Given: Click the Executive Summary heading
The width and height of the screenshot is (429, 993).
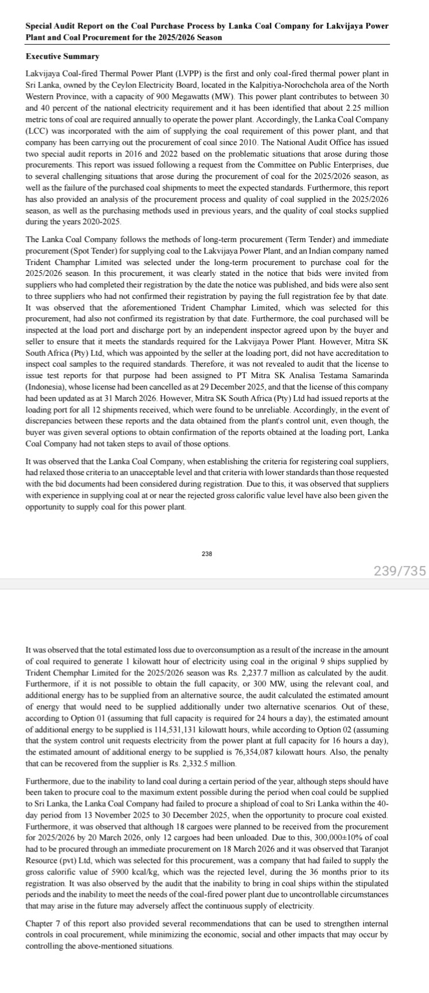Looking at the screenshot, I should pyautogui.click(x=63, y=56).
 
